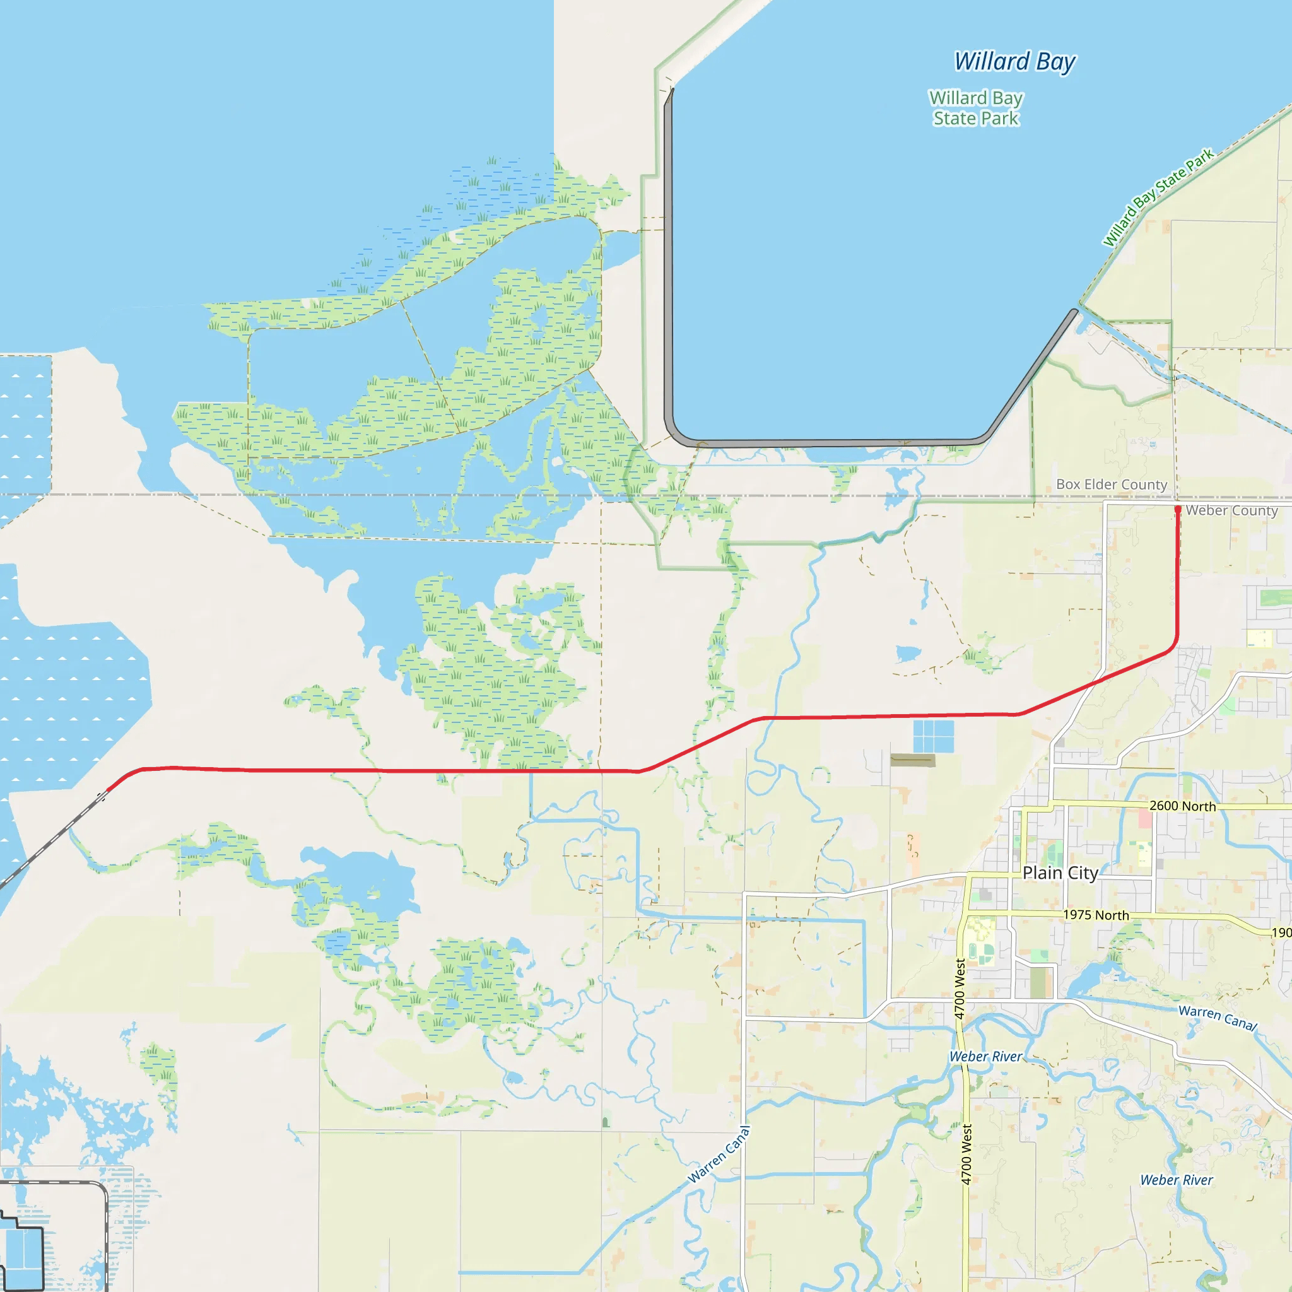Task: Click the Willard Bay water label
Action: pyautogui.click(x=1014, y=62)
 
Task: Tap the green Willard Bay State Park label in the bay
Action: pyautogui.click(x=976, y=109)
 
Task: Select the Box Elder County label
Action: pyautogui.click(x=1112, y=484)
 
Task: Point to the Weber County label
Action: pyautogui.click(x=1232, y=510)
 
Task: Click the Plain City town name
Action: pyautogui.click(x=1060, y=872)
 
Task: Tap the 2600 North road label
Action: pyautogui.click(x=1182, y=806)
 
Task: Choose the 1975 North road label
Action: pyautogui.click(x=1096, y=915)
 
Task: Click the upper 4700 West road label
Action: pyautogui.click(x=960, y=989)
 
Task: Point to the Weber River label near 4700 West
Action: pyautogui.click(x=986, y=1057)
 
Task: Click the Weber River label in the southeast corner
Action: pyautogui.click(x=1177, y=1180)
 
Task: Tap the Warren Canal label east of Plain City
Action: pyautogui.click(x=1218, y=1018)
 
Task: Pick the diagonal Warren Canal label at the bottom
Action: pyautogui.click(x=720, y=1155)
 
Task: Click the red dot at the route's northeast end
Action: pyautogui.click(x=1178, y=510)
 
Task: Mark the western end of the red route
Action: pyautogui.click(x=109, y=790)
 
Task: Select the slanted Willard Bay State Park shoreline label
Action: pyautogui.click(x=1158, y=197)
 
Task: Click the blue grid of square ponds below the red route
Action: pyautogui.click(x=934, y=736)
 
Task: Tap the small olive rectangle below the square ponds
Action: pyautogui.click(x=913, y=760)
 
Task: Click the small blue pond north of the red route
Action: pyautogui.click(x=907, y=654)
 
